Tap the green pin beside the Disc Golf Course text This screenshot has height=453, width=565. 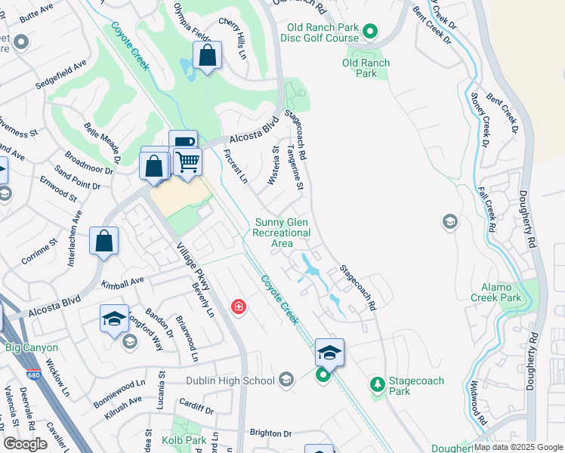click(369, 31)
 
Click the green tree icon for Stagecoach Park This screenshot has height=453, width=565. click(378, 386)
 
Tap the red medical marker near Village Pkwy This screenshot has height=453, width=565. click(239, 307)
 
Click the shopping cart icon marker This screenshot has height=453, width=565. click(188, 161)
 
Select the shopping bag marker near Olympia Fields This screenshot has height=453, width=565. click(207, 56)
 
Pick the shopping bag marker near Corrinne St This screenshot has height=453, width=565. click(104, 242)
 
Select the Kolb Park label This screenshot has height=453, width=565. click(184, 439)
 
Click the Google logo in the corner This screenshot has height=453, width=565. click(26, 443)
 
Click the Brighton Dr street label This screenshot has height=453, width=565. click(270, 433)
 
